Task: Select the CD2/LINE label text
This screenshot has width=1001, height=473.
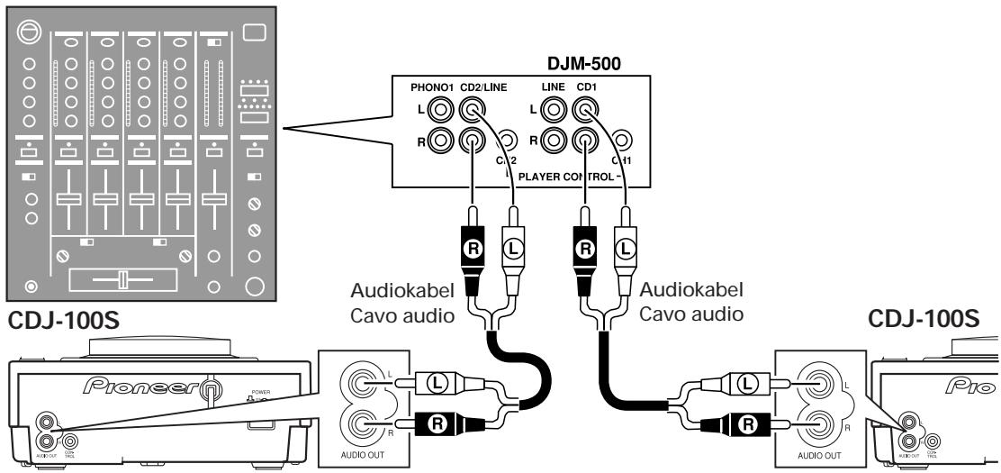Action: (482, 88)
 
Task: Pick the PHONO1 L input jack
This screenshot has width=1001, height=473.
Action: (442, 111)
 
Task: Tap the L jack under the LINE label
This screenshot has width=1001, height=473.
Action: (555, 111)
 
